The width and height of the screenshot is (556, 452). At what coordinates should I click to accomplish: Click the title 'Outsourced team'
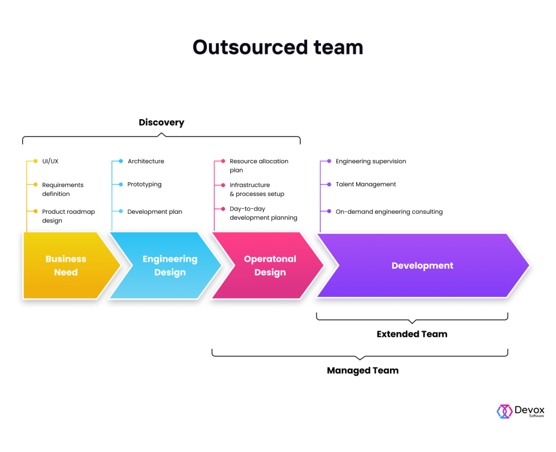(277, 47)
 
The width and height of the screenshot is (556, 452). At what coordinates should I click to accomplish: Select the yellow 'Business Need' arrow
(66, 265)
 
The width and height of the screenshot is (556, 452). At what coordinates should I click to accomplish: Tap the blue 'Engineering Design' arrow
(169, 265)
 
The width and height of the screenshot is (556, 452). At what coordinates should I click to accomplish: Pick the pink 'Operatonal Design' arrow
(269, 265)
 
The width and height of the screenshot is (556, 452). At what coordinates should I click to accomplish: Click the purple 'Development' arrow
(422, 265)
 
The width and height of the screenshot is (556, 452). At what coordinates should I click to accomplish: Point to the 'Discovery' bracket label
(161, 122)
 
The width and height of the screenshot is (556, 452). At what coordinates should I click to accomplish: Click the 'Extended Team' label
(412, 334)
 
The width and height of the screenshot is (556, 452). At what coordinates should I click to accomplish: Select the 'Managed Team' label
(362, 370)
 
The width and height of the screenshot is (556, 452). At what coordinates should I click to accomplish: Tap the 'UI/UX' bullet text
(50, 162)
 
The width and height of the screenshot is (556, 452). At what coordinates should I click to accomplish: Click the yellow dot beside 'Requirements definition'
(36, 185)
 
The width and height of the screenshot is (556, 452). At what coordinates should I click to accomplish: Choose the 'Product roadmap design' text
(68, 216)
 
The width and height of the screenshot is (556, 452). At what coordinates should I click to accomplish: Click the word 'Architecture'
(146, 162)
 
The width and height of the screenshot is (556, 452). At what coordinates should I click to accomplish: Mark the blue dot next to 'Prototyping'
(121, 184)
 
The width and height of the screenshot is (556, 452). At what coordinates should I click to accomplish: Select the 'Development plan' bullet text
(155, 212)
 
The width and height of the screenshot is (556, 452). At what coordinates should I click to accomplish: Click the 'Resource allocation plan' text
(258, 165)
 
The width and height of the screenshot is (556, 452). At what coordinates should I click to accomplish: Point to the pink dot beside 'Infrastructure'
(223, 185)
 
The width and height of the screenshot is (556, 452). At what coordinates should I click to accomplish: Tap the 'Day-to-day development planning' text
(263, 213)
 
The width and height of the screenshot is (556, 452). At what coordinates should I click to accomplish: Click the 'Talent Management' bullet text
(365, 184)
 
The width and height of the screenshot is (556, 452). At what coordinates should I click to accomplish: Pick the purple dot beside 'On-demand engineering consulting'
(329, 212)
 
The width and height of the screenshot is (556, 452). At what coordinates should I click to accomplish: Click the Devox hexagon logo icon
(504, 411)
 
